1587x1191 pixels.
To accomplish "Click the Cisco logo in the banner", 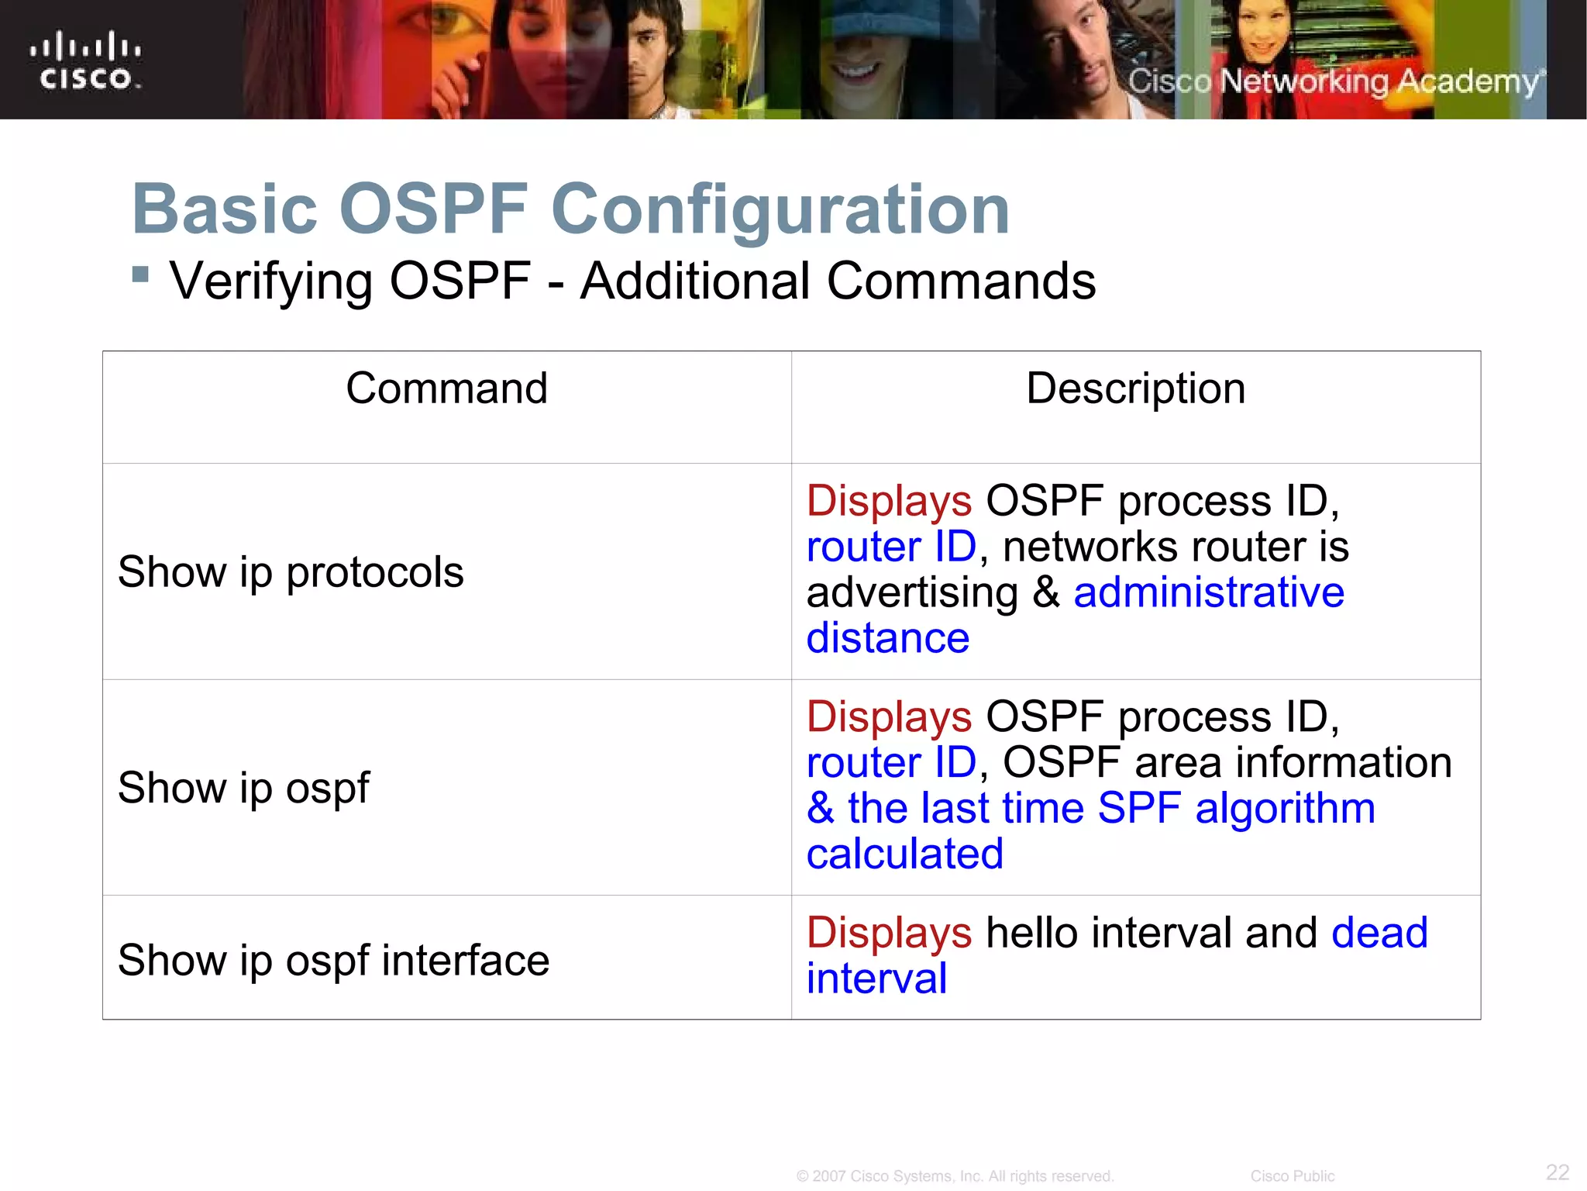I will point(86,60).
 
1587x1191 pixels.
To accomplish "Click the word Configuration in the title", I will point(780,209).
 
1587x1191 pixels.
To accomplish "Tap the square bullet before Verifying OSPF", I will point(140,274).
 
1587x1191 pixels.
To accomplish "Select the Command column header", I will point(446,388).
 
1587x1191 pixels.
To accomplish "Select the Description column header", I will point(1135,388).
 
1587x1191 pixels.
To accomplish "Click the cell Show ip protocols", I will point(291,572).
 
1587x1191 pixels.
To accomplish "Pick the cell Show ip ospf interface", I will point(333,960).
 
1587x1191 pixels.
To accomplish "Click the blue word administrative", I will point(1208,593).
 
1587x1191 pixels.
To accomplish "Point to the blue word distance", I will point(887,639).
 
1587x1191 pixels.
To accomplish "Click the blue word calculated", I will point(904,854).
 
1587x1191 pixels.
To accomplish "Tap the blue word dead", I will point(1379,933).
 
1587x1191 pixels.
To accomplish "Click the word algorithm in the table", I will point(1285,809).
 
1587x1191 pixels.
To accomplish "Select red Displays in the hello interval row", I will point(888,933).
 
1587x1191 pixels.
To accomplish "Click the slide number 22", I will point(1557,1172).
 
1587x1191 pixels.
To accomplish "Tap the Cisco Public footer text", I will point(1292,1176).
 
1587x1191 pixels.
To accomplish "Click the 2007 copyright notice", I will point(955,1176).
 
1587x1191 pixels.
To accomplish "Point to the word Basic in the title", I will point(225,209).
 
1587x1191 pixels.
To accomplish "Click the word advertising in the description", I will point(911,593).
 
